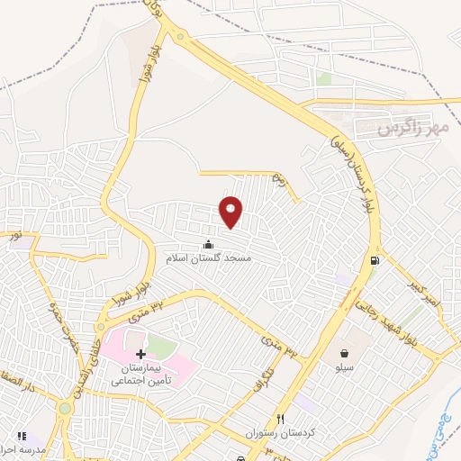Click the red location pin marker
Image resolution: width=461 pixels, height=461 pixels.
pyautogui.click(x=231, y=212)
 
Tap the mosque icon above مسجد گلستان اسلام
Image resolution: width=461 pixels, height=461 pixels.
pyautogui.click(x=209, y=244)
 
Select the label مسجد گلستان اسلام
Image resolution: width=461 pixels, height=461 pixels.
pyautogui.click(x=209, y=258)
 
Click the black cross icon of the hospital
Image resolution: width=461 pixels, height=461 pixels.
pyautogui.click(x=140, y=355)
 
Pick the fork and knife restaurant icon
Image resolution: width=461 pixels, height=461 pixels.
pyautogui.click(x=280, y=419)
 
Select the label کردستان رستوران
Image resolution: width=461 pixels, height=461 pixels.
pyautogui.click(x=280, y=434)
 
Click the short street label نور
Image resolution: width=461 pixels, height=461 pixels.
pyautogui.click(x=14, y=237)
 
